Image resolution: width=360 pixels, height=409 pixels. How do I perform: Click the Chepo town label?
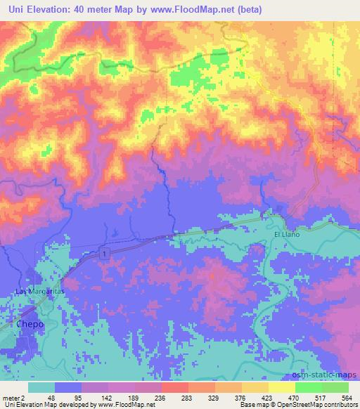click(x=31, y=325)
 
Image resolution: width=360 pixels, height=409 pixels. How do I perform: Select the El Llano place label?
click(x=287, y=234)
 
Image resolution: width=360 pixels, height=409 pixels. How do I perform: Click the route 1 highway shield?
click(x=104, y=253)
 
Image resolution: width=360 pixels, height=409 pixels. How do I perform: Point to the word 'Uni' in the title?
click(x=14, y=8)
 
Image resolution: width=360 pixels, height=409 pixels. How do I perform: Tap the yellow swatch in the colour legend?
click(x=282, y=387)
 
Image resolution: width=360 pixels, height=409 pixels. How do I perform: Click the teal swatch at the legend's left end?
click(x=41, y=387)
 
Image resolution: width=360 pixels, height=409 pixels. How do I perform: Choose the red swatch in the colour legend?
click(x=175, y=387)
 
